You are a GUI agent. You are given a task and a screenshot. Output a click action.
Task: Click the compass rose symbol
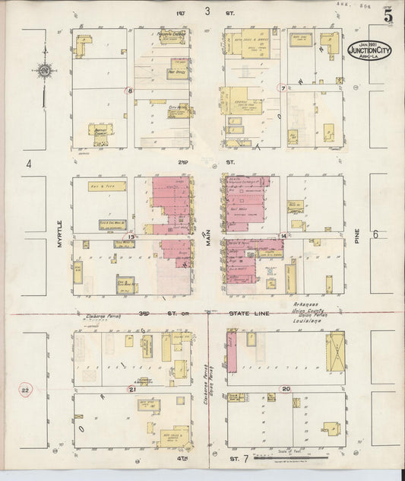pyautogui.click(x=45, y=72)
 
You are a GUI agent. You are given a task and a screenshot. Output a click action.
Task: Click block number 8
pyautogui.click(x=130, y=91)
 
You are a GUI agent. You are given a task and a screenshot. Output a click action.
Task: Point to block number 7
pyautogui.click(x=283, y=88)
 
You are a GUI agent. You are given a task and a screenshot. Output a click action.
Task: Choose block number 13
pyautogui.click(x=131, y=237)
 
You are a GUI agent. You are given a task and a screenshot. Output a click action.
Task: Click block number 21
pyautogui.click(x=132, y=389)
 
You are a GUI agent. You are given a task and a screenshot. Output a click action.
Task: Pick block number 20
pyautogui.click(x=286, y=389)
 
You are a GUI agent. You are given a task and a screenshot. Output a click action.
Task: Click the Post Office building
pyautogui.click(x=177, y=74)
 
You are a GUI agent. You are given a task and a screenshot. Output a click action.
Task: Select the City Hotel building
pyautogui.click(x=179, y=109)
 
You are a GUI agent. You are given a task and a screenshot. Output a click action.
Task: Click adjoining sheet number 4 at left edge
pyautogui.click(x=28, y=164)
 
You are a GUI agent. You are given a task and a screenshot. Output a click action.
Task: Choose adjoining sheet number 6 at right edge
pyautogui.click(x=375, y=234)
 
